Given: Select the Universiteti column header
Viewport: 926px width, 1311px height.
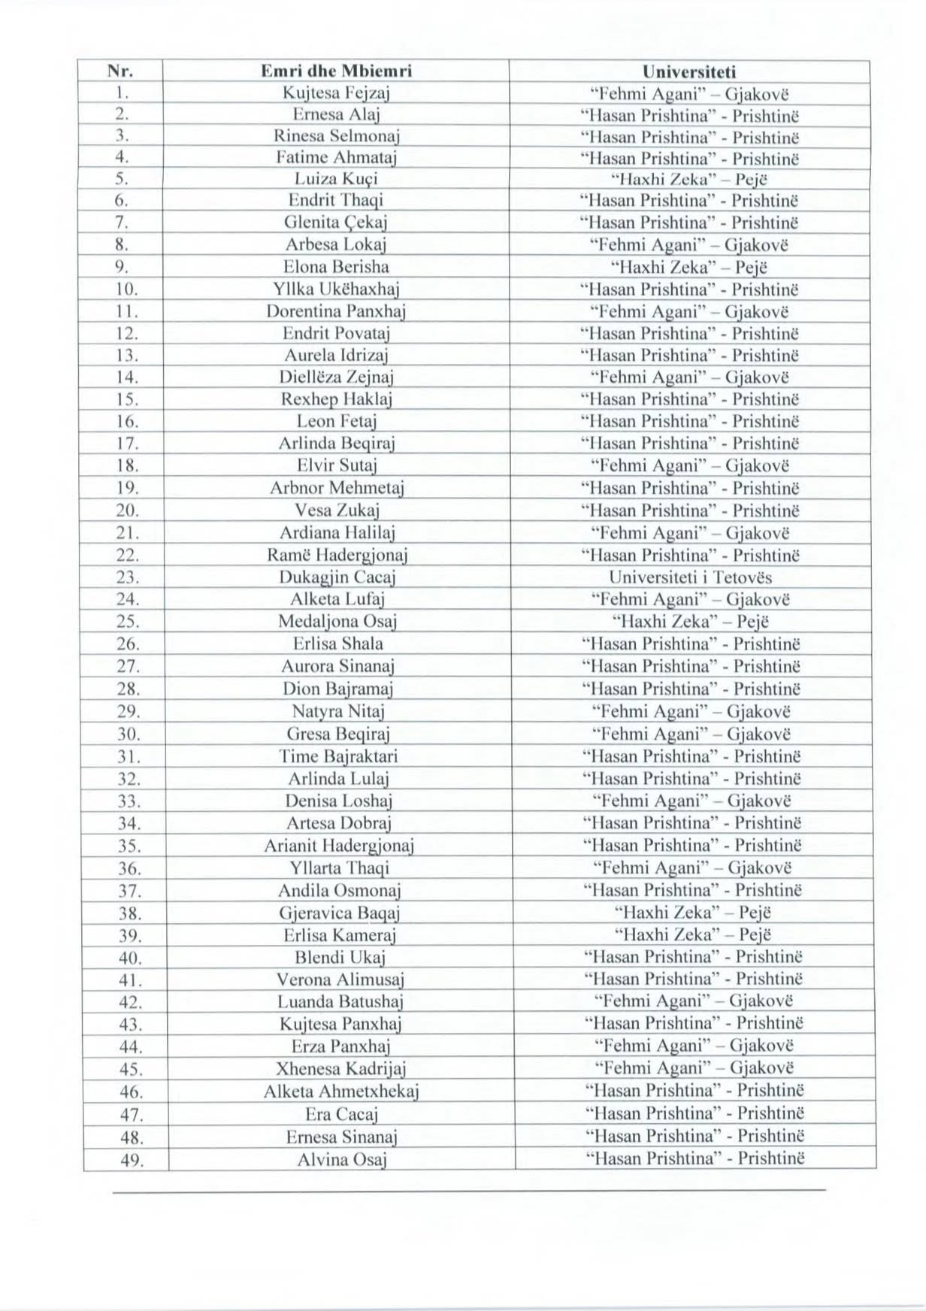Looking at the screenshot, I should [x=689, y=72].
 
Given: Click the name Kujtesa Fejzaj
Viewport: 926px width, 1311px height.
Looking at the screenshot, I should [x=335, y=94].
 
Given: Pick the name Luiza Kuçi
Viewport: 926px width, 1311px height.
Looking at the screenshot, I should [x=336, y=180].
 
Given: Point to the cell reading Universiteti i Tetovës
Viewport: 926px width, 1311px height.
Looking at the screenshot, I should [x=690, y=578].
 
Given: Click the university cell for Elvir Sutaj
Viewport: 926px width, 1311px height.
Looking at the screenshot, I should [x=690, y=466].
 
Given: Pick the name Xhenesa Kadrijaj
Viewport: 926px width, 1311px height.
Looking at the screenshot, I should [x=341, y=1069].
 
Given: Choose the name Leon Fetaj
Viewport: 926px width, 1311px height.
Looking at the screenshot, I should [x=336, y=422].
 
